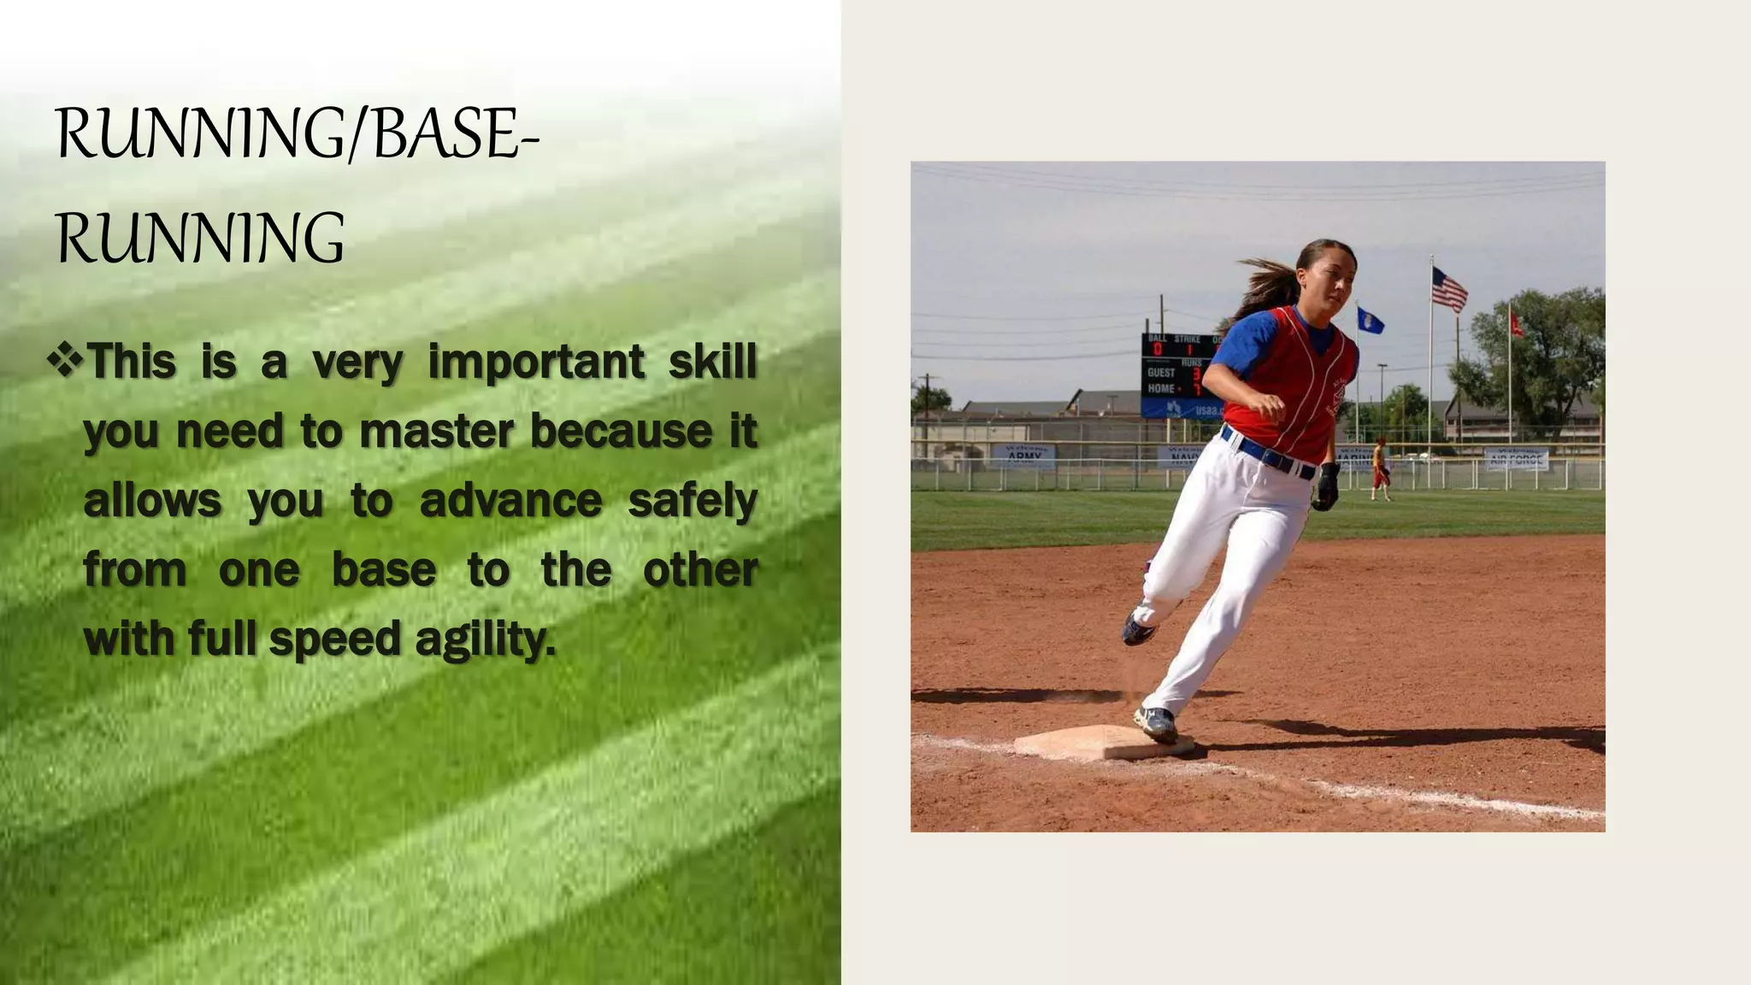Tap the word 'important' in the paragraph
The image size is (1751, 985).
pyautogui.click(x=535, y=362)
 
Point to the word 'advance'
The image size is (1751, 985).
pyautogui.click(x=510, y=501)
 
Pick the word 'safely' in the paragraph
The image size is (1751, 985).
pyautogui.click(x=693, y=501)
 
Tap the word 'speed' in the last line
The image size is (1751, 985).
pyautogui.click(x=334, y=640)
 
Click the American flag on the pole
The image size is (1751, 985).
pyautogui.click(x=1449, y=288)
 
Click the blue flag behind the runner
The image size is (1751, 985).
pyautogui.click(x=1370, y=321)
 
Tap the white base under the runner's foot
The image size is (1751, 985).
pyautogui.click(x=1103, y=742)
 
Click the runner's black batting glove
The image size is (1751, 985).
pyautogui.click(x=1326, y=486)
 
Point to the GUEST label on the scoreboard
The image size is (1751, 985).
pyautogui.click(x=1161, y=372)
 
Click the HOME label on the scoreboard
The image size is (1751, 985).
pyautogui.click(x=1160, y=388)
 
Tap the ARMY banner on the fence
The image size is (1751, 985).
pyautogui.click(x=1024, y=455)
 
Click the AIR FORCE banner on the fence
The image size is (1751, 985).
pyautogui.click(x=1516, y=459)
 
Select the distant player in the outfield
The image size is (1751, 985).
pyautogui.click(x=1380, y=469)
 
